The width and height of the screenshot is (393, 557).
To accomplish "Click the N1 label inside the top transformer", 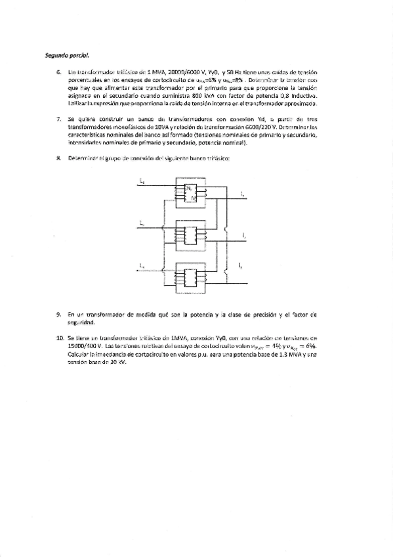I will pos(188,187).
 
